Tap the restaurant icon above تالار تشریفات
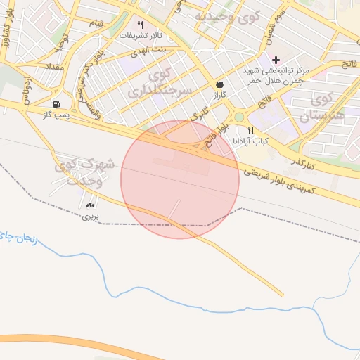(x=140, y=25)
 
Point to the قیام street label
(x=96, y=23)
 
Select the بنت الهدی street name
(x=151, y=51)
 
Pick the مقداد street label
(x=53, y=65)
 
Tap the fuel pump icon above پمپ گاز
(x=56, y=103)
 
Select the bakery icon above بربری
(x=89, y=205)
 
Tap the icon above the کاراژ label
(x=220, y=82)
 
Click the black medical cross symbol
(x=276, y=59)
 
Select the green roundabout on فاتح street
(x=239, y=117)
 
